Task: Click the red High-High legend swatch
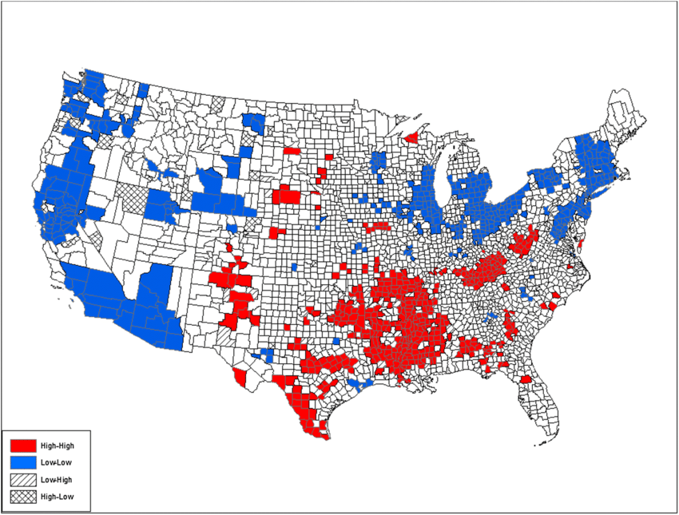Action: pos(22,445)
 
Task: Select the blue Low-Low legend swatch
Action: pos(22,462)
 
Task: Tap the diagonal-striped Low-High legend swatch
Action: pos(22,480)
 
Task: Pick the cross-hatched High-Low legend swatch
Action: pos(22,497)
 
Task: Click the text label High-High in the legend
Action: pos(57,445)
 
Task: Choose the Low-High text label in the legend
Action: pos(56,480)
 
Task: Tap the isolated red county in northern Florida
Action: pos(526,380)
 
